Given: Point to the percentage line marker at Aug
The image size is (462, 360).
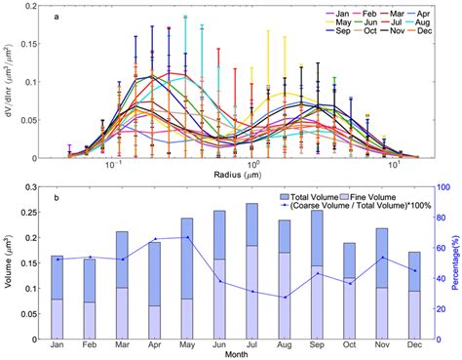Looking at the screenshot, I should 285,298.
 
